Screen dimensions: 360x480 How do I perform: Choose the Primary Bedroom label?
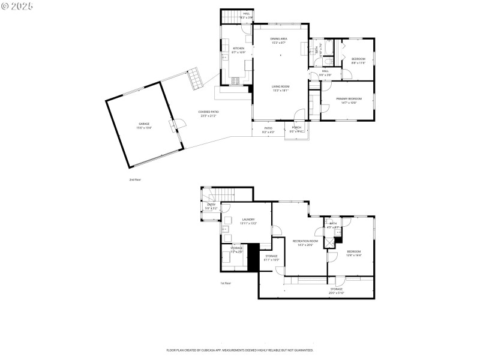point(349,100)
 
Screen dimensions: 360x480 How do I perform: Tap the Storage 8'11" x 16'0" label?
point(271,257)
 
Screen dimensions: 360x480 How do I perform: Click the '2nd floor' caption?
point(134,179)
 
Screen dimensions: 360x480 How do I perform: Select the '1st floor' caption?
point(226,283)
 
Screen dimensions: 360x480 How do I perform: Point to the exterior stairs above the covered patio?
point(195,79)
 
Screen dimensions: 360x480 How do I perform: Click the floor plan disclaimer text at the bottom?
point(239,350)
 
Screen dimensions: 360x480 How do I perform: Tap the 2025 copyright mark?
point(17,6)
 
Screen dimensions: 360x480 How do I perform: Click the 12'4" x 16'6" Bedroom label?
point(353,253)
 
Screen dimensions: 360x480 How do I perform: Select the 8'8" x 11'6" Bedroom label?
point(358,60)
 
